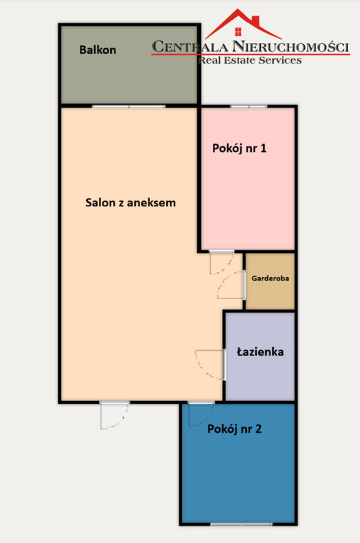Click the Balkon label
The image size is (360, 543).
click(98, 50)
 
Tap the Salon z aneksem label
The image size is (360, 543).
click(130, 202)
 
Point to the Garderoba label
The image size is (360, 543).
click(270, 279)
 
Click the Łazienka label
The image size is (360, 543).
click(260, 351)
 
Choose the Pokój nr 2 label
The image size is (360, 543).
click(235, 428)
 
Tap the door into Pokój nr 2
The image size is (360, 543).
click(201, 414)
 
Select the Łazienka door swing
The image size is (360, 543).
click(209, 363)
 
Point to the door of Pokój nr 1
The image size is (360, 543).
click(221, 262)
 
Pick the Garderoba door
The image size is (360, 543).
click(232, 287)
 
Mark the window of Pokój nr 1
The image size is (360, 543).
click(248, 107)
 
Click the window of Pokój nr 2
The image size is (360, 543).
click(241, 524)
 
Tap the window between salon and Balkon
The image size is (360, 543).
click(128, 107)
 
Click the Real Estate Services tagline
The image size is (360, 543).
click(250, 61)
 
